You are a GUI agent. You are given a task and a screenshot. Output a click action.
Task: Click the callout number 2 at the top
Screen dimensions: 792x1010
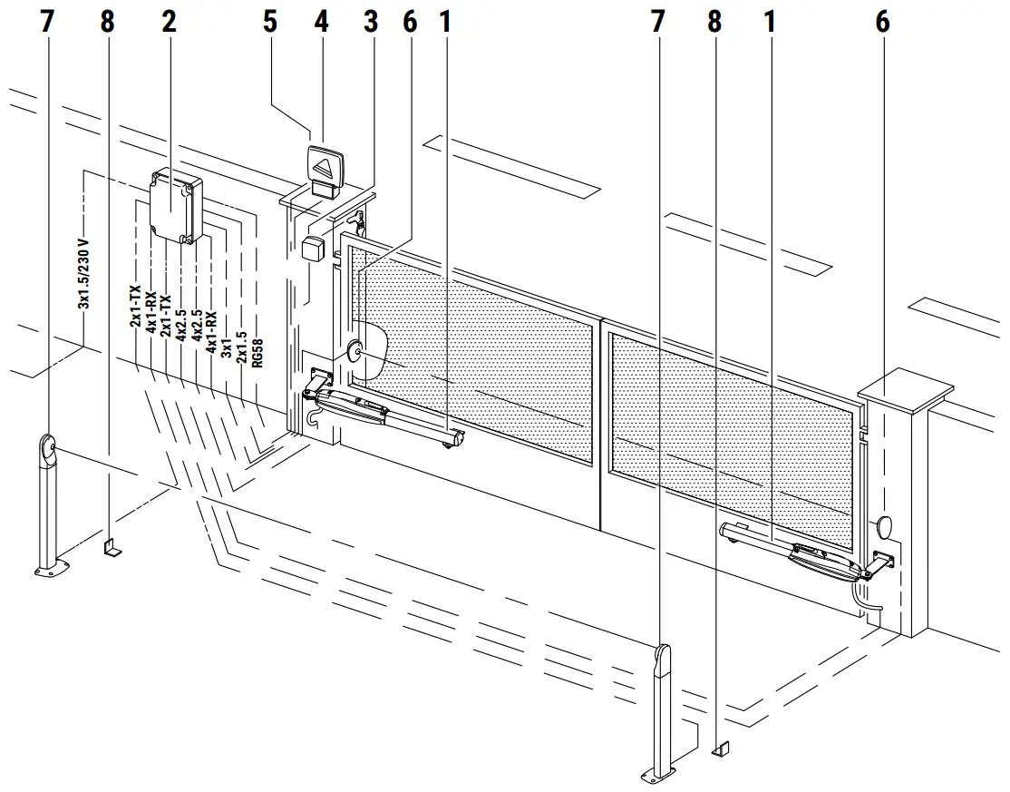[169, 22]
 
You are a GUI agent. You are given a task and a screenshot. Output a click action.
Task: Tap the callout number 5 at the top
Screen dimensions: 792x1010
[270, 22]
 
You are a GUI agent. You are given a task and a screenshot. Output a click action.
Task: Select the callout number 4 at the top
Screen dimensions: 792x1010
[321, 22]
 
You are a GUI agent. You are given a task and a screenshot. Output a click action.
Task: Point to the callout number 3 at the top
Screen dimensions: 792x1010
[370, 22]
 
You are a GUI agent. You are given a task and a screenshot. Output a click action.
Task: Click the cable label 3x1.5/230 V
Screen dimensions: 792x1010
[84, 275]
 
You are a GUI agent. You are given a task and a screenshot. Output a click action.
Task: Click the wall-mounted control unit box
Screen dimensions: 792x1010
[175, 206]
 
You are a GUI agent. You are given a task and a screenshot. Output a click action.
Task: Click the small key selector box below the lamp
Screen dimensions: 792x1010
[315, 249]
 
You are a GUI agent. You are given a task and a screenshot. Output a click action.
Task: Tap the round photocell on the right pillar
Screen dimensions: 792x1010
[885, 526]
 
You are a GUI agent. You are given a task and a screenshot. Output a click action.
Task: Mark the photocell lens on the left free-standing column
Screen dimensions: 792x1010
[48, 448]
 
